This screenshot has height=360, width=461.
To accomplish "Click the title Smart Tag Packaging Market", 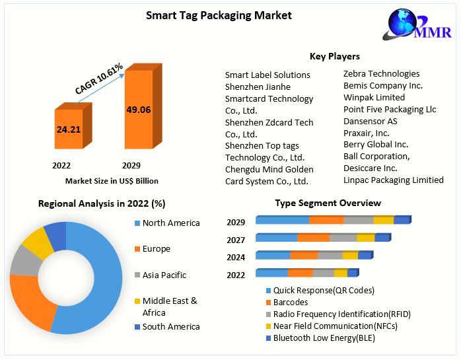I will pos(219,15).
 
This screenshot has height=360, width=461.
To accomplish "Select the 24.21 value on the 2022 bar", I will pos(69,129).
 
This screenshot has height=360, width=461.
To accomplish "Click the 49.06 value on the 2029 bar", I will pos(139,110).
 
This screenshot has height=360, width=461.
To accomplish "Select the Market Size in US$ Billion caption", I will pos(112,180).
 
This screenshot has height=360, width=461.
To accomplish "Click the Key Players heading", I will pos(334,56).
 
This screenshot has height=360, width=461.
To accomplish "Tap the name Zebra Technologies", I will pos(381,74).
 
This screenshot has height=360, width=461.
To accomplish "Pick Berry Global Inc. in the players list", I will pos(376,145).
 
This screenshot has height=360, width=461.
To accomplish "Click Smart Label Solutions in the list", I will pos(267,75).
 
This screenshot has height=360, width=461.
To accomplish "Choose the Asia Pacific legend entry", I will pos(164,275).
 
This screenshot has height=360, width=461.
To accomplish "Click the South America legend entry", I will pos(170,326).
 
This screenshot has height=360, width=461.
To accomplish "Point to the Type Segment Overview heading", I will pos(328,203).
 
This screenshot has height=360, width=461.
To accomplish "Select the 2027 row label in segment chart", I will pos(236,240).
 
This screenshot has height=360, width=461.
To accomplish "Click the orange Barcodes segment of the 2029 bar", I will pos(326,221).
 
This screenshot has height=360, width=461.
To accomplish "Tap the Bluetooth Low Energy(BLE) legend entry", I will pos(324,338).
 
